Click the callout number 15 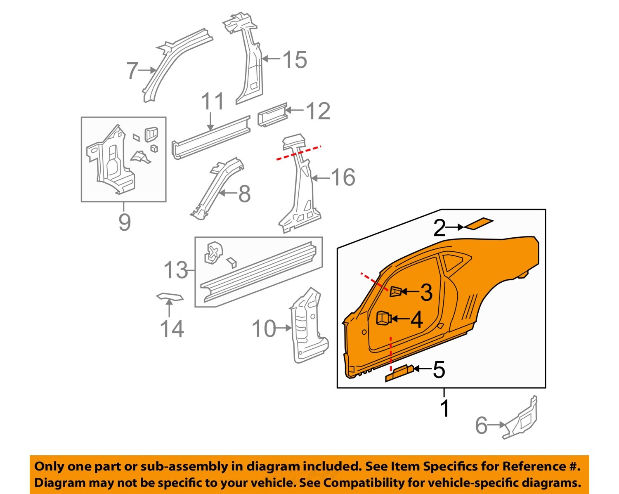click(295, 59)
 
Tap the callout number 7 click(132, 71)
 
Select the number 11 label click(213, 102)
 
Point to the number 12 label click(318, 111)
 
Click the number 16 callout click(343, 177)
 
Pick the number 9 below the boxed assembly click(124, 222)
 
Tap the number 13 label click(175, 270)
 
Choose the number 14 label click(172, 329)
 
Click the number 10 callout click(263, 329)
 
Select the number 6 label click(481, 425)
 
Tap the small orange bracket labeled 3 click(395, 291)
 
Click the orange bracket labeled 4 click(383, 319)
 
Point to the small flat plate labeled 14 click(170, 296)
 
